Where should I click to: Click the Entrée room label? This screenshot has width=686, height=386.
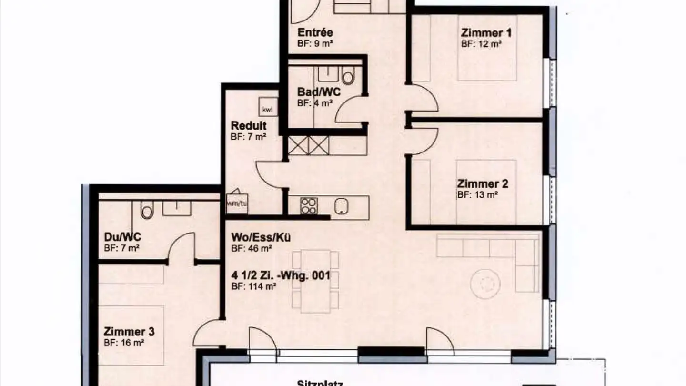(315, 33)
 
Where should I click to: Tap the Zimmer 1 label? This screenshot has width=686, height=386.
(486, 33)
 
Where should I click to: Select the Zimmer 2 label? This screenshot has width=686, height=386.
(483, 183)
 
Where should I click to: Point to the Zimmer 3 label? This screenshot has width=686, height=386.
(129, 332)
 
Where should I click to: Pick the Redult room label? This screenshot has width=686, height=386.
(248, 126)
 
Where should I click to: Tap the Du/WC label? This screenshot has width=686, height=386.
(122, 237)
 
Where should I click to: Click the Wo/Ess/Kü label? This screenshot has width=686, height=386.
(261, 237)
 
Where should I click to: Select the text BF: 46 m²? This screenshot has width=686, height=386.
(251, 248)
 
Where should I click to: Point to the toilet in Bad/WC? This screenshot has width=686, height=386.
(348, 76)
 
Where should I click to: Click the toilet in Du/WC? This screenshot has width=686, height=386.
(147, 210)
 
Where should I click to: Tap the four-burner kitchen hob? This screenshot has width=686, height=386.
(309, 205)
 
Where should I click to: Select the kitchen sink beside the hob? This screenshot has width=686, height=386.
(342, 205)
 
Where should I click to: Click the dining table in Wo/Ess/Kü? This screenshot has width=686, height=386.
(315, 281)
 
